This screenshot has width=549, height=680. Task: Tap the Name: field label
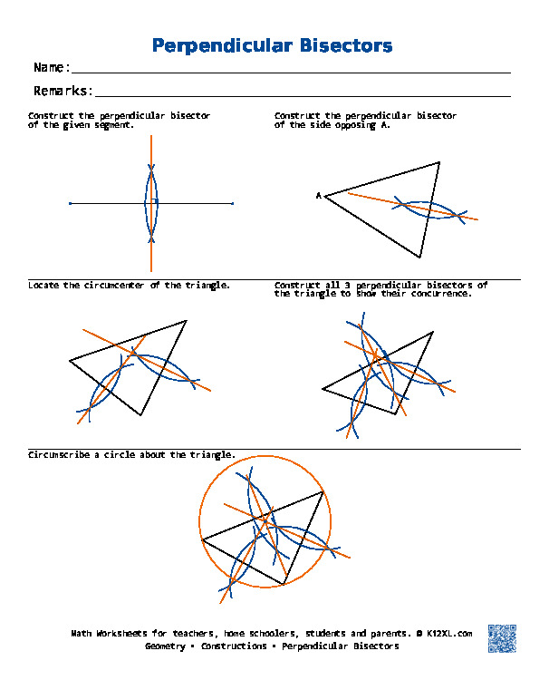click(x=52, y=68)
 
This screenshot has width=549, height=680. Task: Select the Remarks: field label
click(x=63, y=91)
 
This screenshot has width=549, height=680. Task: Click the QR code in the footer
click(x=501, y=637)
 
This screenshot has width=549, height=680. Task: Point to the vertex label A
click(x=318, y=195)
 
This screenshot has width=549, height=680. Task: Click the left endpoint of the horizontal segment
click(x=70, y=203)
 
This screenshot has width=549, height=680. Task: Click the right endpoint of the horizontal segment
click(x=233, y=203)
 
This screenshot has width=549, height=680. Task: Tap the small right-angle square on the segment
click(x=155, y=200)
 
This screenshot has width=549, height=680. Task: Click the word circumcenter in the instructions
click(x=115, y=285)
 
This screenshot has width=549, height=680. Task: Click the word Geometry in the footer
click(x=166, y=646)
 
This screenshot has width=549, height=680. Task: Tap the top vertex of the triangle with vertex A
click(x=439, y=162)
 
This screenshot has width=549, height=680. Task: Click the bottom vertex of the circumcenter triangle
click(x=141, y=415)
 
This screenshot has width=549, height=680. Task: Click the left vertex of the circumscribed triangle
click(x=201, y=539)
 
